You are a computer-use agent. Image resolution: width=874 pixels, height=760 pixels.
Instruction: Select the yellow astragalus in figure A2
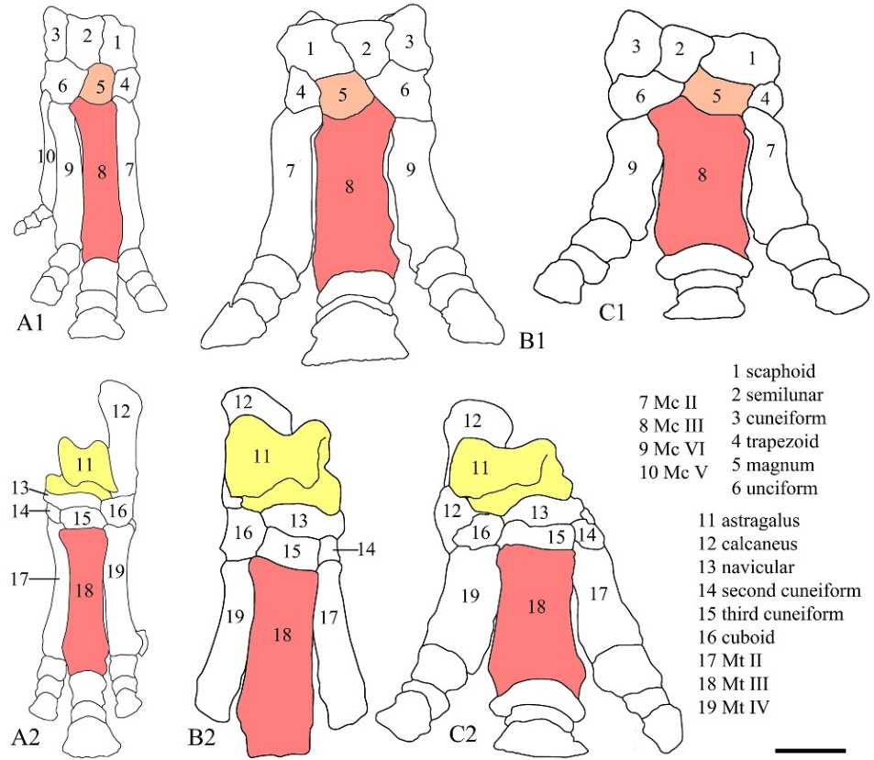pyautogui.click(x=85, y=466)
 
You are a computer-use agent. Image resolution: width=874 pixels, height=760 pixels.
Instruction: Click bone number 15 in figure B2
pyautogui.click(x=291, y=551)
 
